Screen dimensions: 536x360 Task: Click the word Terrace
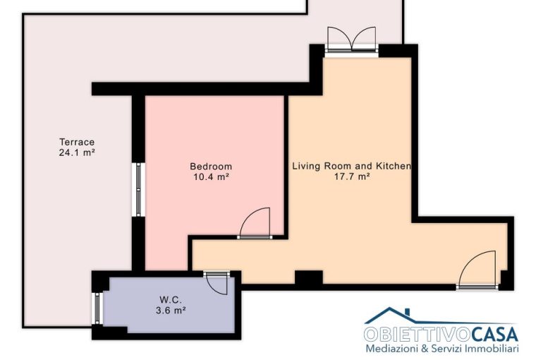[x=77, y=142]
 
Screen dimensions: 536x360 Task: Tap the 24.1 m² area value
[x=77, y=152]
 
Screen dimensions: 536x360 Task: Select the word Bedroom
[x=211, y=167]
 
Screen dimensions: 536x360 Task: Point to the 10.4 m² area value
[x=211, y=177]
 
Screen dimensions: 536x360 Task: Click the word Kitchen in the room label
[x=394, y=167]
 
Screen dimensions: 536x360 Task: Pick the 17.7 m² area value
[x=352, y=177]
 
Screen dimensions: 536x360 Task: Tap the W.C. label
[x=171, y=300]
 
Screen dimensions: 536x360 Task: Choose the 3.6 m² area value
[x=171, y=311]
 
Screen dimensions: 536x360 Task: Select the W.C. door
[x=217, y=283]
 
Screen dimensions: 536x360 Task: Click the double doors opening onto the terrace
[x=351, y=40]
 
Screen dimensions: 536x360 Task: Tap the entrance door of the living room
[x=477, y=270]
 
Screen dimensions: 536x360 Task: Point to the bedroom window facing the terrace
[x=138, y=190]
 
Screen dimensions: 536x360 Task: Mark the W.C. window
[x=97, y=308]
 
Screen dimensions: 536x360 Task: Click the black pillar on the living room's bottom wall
[x=308, y=277]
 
